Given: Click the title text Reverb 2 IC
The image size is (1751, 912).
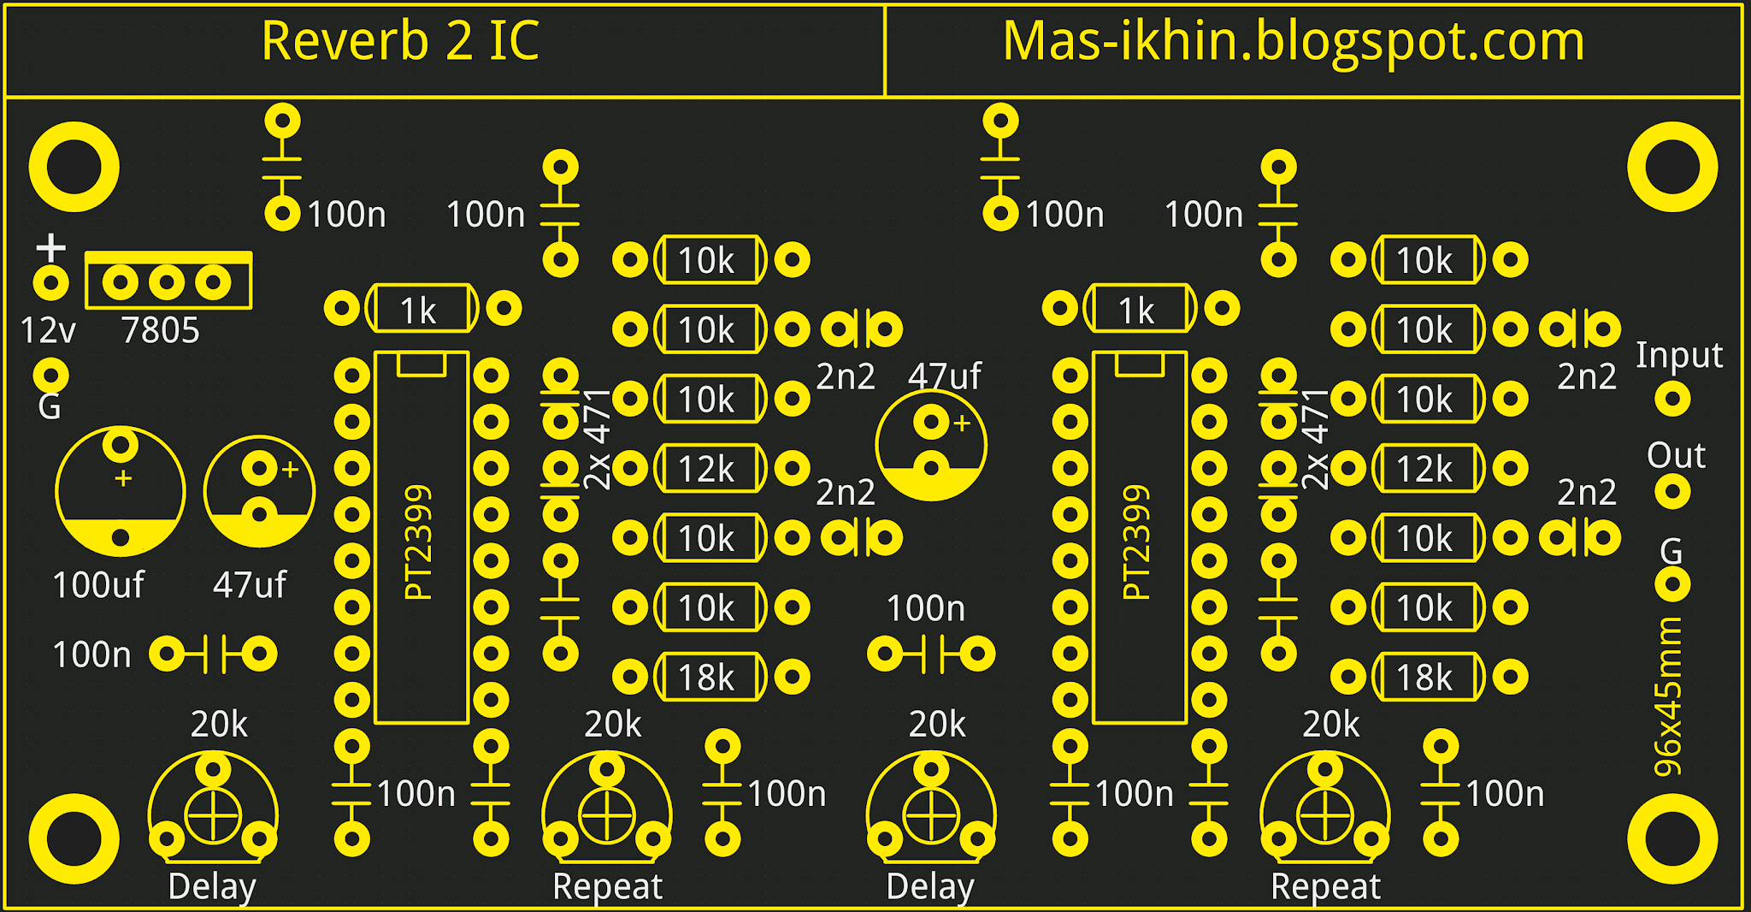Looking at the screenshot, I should coord(400,41).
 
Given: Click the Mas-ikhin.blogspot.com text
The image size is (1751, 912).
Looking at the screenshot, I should coord(1293,41).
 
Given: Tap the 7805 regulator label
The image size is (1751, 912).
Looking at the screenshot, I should coord(160,330).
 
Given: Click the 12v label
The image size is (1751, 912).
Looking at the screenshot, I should coord(48,330).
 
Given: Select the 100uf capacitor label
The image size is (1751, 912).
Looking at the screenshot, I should coord(98,585).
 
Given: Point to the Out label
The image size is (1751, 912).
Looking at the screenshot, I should coord(1676,456).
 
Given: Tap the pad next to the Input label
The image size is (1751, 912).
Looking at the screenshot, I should coord(1672,399).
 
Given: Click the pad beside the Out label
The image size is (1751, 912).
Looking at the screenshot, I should coord(1672,492).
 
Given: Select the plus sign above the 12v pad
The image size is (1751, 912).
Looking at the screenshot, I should coord(51,248).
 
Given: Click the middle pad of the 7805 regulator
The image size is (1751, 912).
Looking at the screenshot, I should coord(167,282).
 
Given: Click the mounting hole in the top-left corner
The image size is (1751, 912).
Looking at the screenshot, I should coord(74,167).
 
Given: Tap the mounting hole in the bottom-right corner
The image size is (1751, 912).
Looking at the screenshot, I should coord(1672,839).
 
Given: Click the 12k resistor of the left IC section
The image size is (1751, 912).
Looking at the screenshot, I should coord(708,469).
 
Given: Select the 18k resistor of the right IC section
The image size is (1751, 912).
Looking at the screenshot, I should coord(1426,678).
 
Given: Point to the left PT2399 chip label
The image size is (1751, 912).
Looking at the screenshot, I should coord(419,542).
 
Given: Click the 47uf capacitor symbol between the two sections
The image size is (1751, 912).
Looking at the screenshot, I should coord(931,446).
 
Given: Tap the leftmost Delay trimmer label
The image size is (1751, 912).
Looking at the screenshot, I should coord(212,886).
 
